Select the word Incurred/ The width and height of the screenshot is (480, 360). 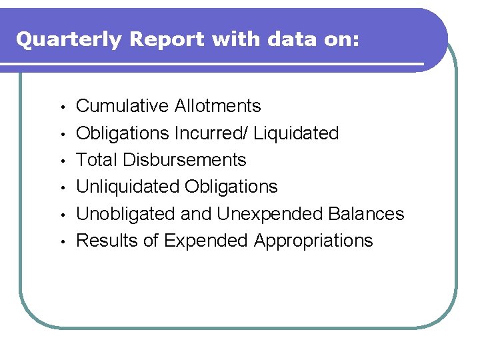[x=213, y=133]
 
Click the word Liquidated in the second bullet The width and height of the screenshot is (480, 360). [x=297, y=133]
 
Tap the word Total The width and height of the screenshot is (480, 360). [x=97, y=160]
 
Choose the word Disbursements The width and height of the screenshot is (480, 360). [x=184, y=160]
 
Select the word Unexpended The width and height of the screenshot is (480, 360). [x=271, y=214]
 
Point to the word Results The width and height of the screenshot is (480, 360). [x=107, y=241]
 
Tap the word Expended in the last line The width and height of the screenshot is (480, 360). [x=206, y=241]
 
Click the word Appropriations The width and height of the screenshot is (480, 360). [x=313, y=241]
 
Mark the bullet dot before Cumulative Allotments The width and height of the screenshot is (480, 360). [x=60, y=107]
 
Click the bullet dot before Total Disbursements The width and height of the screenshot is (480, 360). [x=60, y=161]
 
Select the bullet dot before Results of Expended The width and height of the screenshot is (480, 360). [x=60, y=242]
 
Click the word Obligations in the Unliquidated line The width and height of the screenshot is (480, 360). [x=231, y=187]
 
